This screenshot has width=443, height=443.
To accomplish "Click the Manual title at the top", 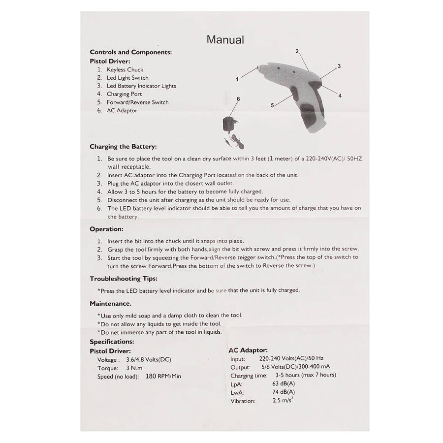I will (225, 39).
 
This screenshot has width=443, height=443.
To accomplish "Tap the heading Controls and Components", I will (130, 52).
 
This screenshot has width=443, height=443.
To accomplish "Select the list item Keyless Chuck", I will (125, 69).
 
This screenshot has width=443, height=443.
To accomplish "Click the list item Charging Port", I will (124, 94).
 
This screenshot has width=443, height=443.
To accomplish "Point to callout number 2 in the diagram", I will (297, 51).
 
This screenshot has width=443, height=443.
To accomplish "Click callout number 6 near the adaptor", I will (238, 99).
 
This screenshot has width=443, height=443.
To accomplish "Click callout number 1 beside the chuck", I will (237, 79).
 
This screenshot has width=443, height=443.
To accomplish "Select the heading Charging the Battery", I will (123, 147).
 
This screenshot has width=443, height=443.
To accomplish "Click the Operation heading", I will (106, 229).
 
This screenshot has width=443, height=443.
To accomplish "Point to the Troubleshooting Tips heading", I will (123, 279).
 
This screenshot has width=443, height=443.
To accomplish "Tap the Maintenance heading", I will (110, 304).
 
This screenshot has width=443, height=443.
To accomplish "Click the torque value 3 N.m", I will (134, 368).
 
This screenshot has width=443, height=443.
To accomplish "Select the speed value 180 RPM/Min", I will (163, 377).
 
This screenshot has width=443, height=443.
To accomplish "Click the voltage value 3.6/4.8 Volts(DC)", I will (148, 360).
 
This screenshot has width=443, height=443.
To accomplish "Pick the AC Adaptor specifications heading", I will (248, 350).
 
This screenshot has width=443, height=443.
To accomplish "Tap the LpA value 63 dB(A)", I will (284, 383).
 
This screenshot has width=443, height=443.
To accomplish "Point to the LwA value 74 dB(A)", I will (284, 392).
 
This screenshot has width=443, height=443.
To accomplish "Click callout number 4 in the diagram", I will (340, 95).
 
